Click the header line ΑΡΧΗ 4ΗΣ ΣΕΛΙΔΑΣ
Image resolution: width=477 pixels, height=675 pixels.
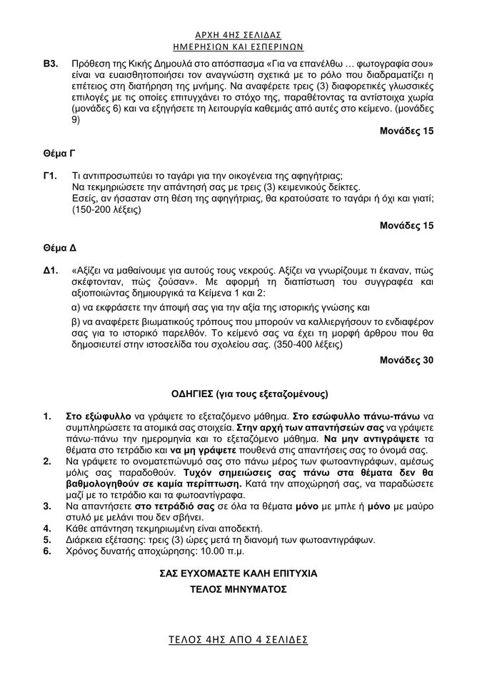[238, 34]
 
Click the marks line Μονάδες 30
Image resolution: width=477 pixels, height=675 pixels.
[406, 360]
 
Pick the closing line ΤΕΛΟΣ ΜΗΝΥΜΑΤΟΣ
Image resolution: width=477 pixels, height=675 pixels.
[238, 590]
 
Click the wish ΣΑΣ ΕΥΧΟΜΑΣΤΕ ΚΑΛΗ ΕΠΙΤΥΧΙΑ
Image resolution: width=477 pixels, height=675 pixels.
[238, 574]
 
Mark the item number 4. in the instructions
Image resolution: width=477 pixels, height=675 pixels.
[47, 529]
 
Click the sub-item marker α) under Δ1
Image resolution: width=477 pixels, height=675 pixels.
[77, 308]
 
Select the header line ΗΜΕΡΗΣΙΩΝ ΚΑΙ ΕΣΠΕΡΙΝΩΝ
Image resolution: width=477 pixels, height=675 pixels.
[238, 46]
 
